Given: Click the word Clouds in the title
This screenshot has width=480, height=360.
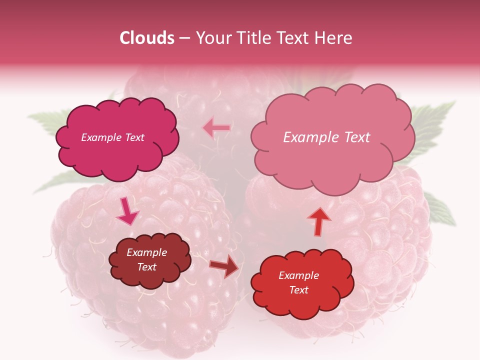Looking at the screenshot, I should pyautogui.click(x=147, y=38).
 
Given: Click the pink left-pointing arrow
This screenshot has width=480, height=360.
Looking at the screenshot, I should pyautogui.click(x=216, y=128).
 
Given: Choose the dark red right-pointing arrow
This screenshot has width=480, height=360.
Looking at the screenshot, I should pyautogui.click(x=224, y=266).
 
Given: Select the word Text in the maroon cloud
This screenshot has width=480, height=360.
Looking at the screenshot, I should pyautogui.click(x=147, y=267).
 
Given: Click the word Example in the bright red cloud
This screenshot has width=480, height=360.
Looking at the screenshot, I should pyautogui.click(x=298, y=275).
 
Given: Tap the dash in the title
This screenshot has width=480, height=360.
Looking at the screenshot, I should pyautogui.click(x=184, y=38).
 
